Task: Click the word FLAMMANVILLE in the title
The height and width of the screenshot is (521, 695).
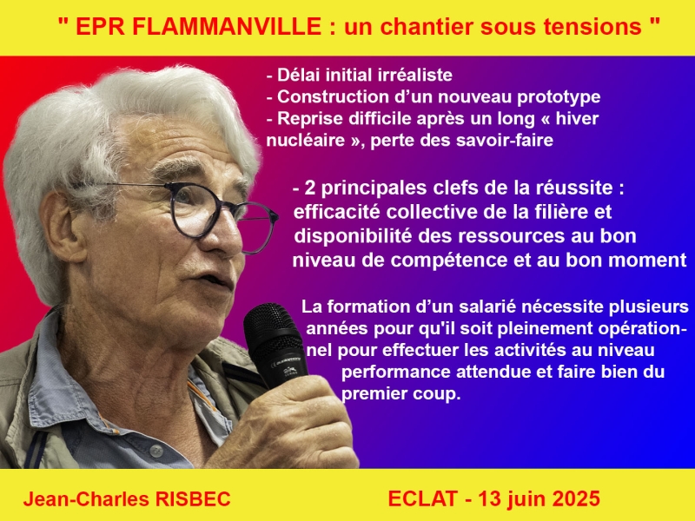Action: tap(227, 27)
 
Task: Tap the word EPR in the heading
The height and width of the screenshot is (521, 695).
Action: tap(100, 27)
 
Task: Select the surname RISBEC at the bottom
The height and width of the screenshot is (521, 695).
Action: tap(193, 498)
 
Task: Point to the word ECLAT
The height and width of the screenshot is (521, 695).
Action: tap(423, 498)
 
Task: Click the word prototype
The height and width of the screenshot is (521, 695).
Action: tap(559, 97)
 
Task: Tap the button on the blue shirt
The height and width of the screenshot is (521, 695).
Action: tap(156, 451)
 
